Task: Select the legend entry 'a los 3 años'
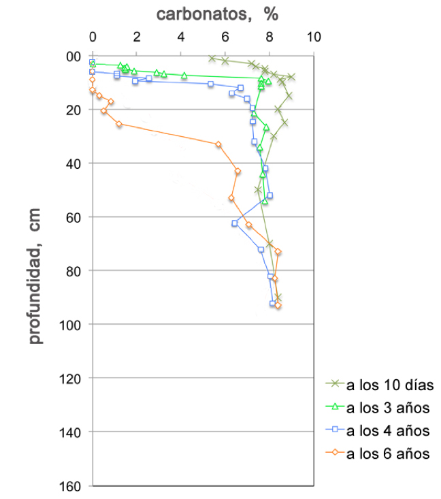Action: click(389, 408)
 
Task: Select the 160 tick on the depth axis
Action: click(73, 486)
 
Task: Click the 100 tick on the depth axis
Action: click(73, 325)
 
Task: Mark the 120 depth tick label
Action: click(73, 379)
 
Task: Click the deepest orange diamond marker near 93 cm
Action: click(278, 306)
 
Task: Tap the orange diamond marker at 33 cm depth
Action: click(218, 144)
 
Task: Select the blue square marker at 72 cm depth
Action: click(261, 249)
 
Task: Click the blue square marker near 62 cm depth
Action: click(235, 223)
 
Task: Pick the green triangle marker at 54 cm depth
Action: click(265, 201)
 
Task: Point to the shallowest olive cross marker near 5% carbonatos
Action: click(212, 59)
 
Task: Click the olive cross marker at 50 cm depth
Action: click(258, 190)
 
